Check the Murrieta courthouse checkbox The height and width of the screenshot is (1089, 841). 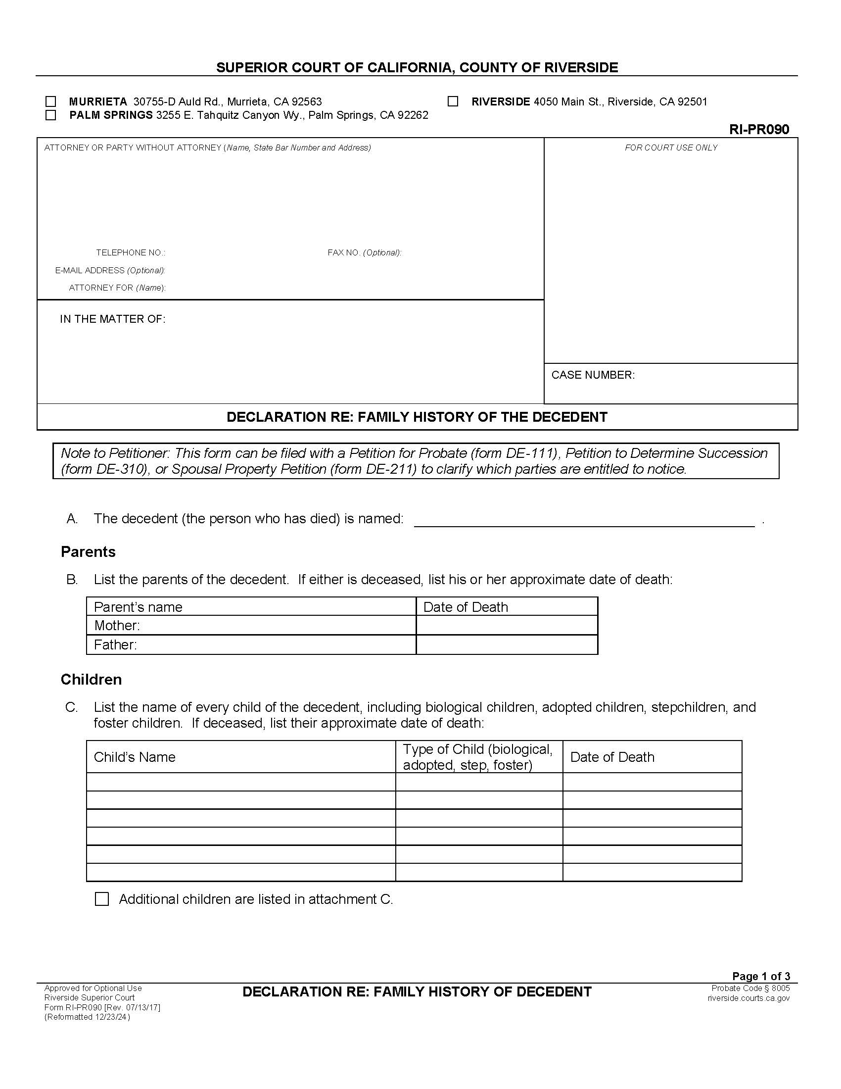pyautogui.click(x=50, y=101)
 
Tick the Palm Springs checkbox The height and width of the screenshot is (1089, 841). pyautogui.click(x=50, y=115)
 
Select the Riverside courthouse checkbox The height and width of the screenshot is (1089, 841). pyautogui.click(x=452, y=101)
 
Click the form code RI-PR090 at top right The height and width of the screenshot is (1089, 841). pyautogui.click(x=759, y=130)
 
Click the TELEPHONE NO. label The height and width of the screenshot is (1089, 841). pyautogui.click(x=131, y=253)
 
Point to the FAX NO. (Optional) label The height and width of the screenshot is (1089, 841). pyautogui.click(x=364, y=253)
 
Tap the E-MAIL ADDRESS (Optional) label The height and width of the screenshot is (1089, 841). pyautogui.click(x=110, y=270)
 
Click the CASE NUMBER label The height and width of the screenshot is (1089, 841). pyautogui.click(x=593, y=375)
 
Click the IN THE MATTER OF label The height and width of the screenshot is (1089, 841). pyautogui.click(x=113, y=319)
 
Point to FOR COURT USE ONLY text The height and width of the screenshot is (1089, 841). pyautogui.click(x=671, y=148)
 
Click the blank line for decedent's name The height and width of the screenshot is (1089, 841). pyautogui.click(x=584, y=519)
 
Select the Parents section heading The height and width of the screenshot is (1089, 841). pyautogui.click(x=88, y=552)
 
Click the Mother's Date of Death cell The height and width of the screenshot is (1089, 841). pyautogui.click(x=506, y=625)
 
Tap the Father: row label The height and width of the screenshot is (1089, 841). pyautogui.click(x=115, y=644)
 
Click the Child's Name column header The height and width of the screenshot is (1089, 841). pyautogui.click(x=135, y=757)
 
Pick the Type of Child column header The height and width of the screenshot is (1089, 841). pyautogui.click(x=477, y=757)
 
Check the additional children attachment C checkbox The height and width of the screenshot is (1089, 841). pyautogui.click(x=101, y=899)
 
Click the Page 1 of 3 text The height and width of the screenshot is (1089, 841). pyautogui.click(x=760, y=976)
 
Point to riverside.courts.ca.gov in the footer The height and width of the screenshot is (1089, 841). pyautogui.click(x=748, y=998)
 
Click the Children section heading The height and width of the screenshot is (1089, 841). pyautogui.click(x=91, y=680)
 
